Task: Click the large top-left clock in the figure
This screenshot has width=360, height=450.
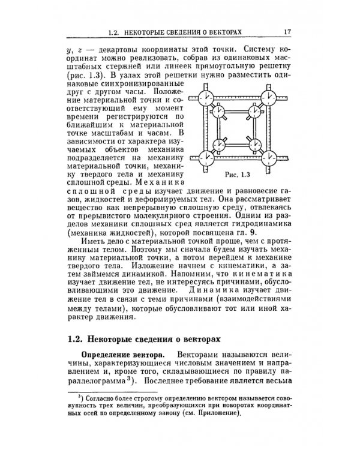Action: coord(206,97)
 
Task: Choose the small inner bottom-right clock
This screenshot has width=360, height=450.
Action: coord(252,145)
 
